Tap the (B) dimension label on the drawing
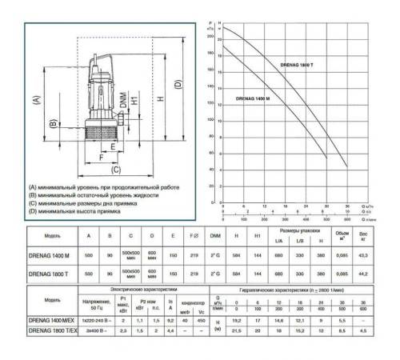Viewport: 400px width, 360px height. tap(52, 125)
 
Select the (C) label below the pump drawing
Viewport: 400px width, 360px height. tap(115, 170)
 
